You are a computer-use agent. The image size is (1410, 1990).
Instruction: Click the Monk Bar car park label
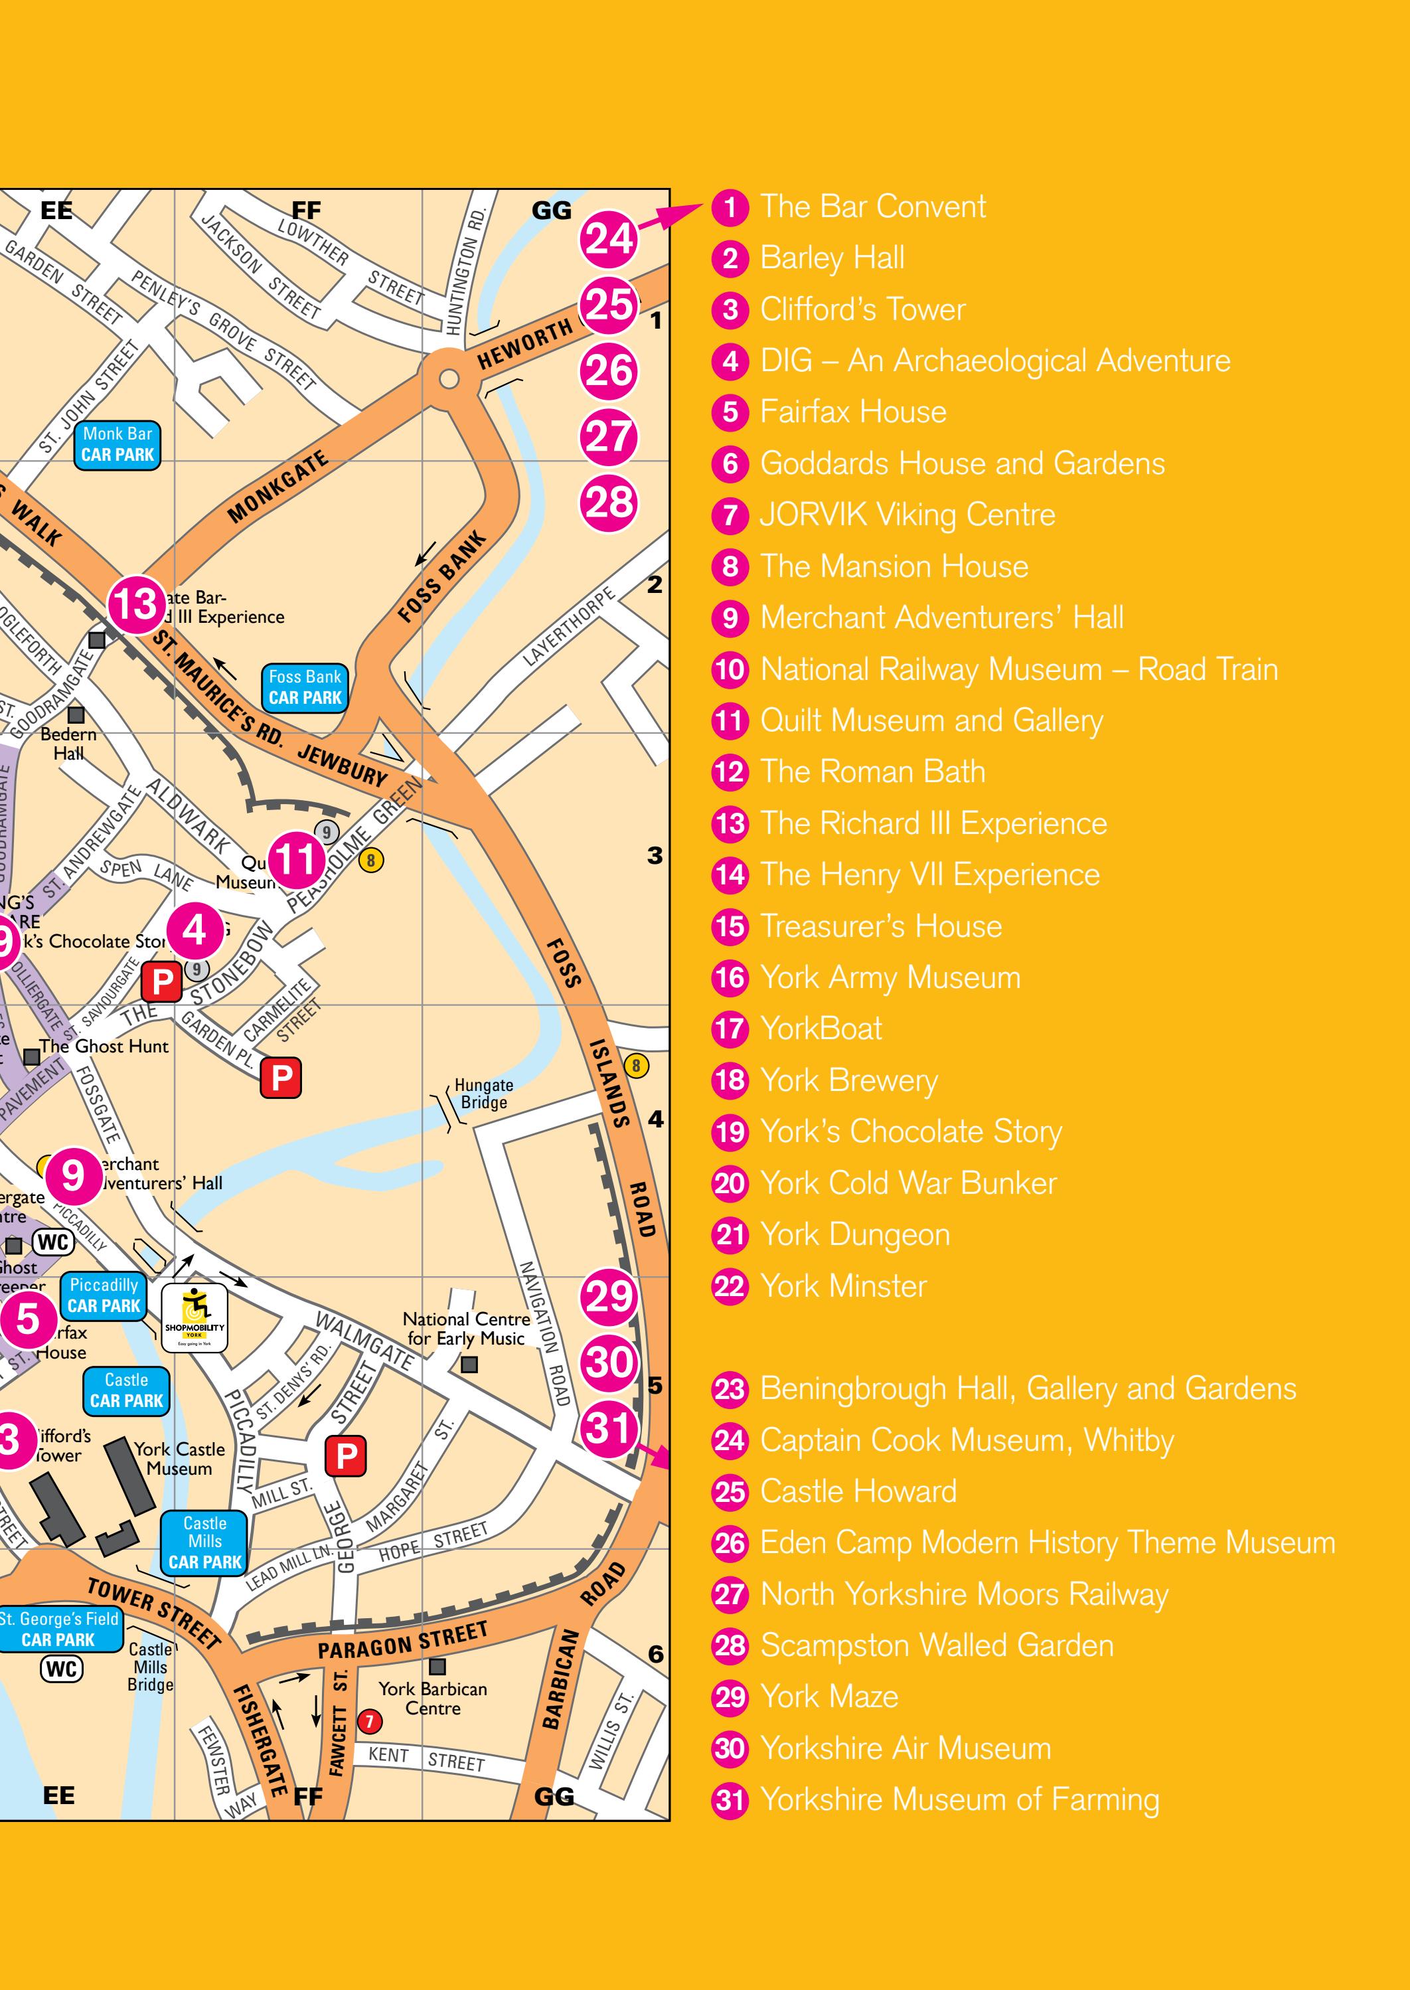pyautogui.click(x=118, y=444)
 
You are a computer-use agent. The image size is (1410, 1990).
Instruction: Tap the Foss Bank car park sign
pyautogui.click(x=305, y=687)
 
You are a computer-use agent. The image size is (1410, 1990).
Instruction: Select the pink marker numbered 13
pyautogui.click(x=136, y=604)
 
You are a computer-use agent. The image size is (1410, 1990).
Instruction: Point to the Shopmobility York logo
pyautogui.click(x=195, y=1318)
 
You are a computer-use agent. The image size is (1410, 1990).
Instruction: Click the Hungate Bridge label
pyautogui.click(x=483, y=1094)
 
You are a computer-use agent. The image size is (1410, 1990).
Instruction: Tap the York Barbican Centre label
pyautogui.click(x=432, y=1699)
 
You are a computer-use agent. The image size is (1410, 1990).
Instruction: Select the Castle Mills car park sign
pyautogui.click(x=205, y=1542)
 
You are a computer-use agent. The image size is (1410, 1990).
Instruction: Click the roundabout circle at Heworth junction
pyautogui.click(x=449, y=378)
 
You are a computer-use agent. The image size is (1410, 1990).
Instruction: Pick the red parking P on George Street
pyautogui.click(x=346, y=1455)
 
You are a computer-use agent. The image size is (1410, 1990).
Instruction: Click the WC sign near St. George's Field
pyautogui.click(x=62, y=1669)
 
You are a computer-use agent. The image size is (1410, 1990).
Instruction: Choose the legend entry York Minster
pyautogui.click(x=842, y=1286)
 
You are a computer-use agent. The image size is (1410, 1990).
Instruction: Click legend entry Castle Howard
pyautogui.click(x=857, y=1491)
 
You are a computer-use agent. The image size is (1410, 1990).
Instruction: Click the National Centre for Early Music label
pyautogui.click(x=466, y=1329)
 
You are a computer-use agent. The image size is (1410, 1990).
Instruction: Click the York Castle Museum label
pyautogui.click(x=179, y=1459)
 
